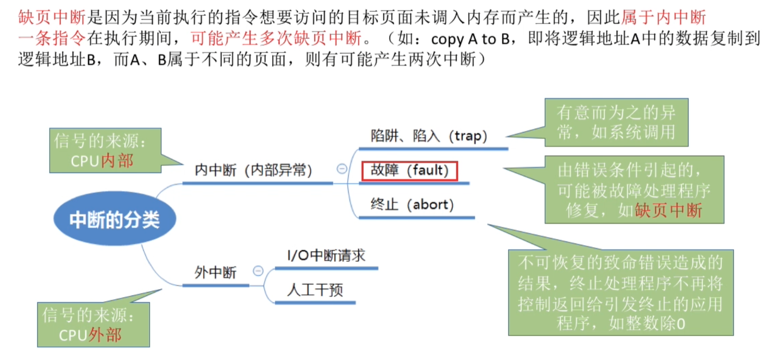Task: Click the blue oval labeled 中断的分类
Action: pyautogui.click(x=114, y=220)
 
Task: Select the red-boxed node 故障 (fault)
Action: pyautogui.click(x=409, y=170)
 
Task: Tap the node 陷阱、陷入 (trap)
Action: pyautogui.click(x=429, y=136)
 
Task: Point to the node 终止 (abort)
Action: pyautogui.click(x=412, y=205)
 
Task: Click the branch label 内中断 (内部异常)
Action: pyautogui.click(x=253, y=170)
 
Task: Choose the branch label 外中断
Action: pyautogui.click(x=215, y=273)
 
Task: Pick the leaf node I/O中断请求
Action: pyautogui.click(x=326, y=255)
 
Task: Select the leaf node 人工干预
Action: pyautogui.click(x=315, y=290)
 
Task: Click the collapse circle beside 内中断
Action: pyautogui.click(x=342, y=169)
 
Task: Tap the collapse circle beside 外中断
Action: pyautogui.click(x=258, y=271)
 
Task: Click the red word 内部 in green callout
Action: pyautogui.click(x=117, y=161)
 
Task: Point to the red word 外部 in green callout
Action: pyautogui.click(x=105, y=335)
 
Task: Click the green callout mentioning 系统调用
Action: pyautogui.click(x=616, y=123)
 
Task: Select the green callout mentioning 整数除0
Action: pyautogui.click(x=620, y=292)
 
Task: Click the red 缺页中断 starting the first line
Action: pyautogui.click(x=52, y=17)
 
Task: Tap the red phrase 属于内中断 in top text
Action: pyautogui.click(x=663, y=17)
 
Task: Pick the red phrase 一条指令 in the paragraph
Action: pyautogui.click(x=52, y=38)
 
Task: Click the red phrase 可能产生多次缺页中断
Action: pyautogui.click(x=276, y=38)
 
